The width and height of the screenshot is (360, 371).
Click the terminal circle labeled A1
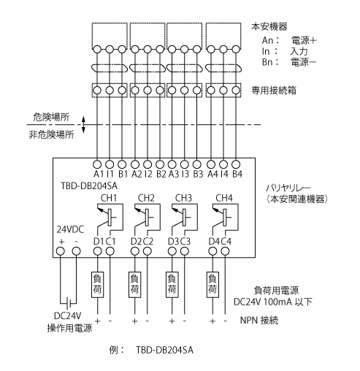pos(97,164)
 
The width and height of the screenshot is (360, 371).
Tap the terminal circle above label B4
pos(236,164)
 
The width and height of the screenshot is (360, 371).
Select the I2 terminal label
pos(148,174)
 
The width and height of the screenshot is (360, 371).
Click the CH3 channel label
pos(183,198)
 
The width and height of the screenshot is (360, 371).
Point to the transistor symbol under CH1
pos(109,218)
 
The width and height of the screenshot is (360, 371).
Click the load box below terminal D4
pos(212,285)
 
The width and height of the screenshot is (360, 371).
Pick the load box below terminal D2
pos(134,285)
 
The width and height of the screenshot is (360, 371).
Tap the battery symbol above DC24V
pos(69,303)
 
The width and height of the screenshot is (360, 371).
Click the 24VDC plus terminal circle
pos(61,251)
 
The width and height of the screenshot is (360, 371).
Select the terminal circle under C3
pos(185,251)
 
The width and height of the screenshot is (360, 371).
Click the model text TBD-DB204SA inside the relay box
pos(89,186)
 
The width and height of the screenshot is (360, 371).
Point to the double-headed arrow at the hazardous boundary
pos(83,125)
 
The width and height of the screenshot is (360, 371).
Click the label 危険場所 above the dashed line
pos(51,117)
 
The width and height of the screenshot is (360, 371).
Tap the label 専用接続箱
pos(274,91)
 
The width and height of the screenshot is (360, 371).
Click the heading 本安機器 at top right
pos(269,26)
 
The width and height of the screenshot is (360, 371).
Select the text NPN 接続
pos(259,321)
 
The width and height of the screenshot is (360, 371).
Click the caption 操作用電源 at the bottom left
pos(69,328)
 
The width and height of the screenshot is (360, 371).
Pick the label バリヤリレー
pos(288,188)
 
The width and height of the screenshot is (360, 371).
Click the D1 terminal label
pos(98,242)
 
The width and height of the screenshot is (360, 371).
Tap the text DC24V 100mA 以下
pos(273,302)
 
